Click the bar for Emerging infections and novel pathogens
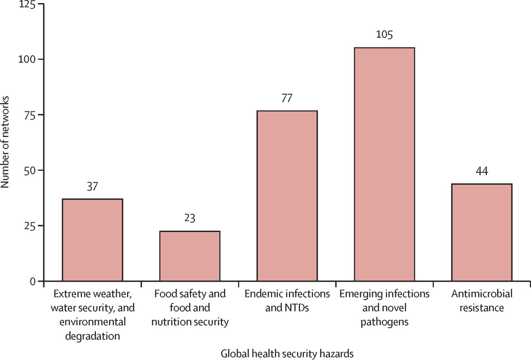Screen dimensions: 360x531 tap(384, 164)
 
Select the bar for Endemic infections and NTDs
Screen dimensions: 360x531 tap(287, 195)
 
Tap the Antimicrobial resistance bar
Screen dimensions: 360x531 tap(481, 232)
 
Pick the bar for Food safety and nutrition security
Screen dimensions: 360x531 tap(189, 256)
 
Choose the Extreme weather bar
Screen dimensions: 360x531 tap(92, 240)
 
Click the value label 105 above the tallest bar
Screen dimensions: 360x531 tap(384, 34)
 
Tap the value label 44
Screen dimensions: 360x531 tap(481, 171)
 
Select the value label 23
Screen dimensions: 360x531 tap(189, 218)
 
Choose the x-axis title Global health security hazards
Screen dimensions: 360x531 tap(287, 353)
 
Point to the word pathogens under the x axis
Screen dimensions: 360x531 tap(384, 322)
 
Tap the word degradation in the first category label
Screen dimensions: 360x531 tap(92, 336)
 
